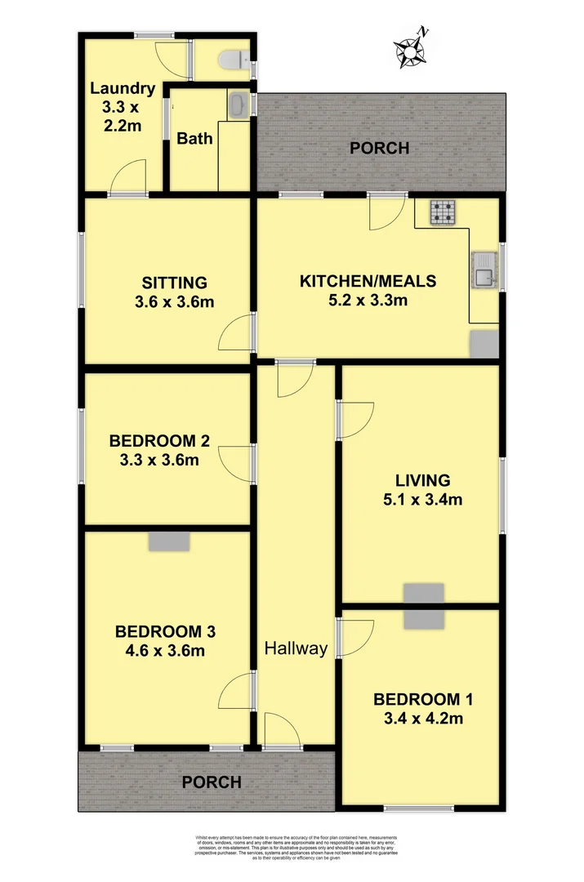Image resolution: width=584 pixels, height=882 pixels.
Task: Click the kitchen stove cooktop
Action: pos(444,213)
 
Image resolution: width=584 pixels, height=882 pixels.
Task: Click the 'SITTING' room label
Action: pos(174,283)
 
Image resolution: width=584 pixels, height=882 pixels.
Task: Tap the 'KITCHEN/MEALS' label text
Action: pos(368,281)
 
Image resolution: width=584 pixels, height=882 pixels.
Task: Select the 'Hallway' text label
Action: pos(296,648)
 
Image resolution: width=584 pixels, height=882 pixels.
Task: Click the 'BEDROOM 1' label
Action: pos(422,699)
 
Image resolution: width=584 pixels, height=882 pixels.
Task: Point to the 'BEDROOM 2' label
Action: pos(159,441)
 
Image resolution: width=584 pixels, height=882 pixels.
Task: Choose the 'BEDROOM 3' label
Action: pos(165,631)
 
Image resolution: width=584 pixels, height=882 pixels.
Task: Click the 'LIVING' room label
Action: pos(422,479)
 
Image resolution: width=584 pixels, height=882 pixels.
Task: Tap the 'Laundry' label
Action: pos(122,88)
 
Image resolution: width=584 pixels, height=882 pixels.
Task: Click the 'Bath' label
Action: pos(194,138)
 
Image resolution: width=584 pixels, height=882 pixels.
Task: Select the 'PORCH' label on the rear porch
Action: pos(379,149)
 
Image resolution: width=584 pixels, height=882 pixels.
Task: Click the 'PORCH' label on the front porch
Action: pos(211,782)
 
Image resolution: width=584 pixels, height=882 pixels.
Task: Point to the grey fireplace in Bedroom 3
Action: pos(169,541)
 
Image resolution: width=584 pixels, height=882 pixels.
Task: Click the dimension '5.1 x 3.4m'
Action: pos(422,499)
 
